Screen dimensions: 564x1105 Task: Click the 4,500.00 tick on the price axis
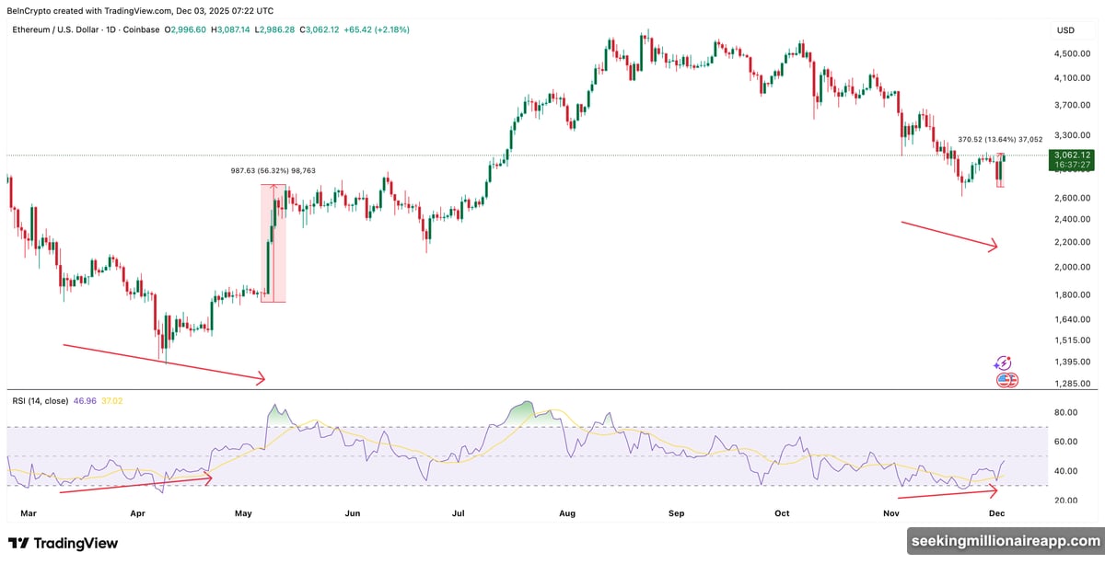pyautogui.click(x=1073, y=53)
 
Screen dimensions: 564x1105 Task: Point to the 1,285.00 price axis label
pyautogui.click(x=1073, y=384)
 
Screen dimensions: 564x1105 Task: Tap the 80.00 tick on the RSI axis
pyautogui.click(x=1066, y=413)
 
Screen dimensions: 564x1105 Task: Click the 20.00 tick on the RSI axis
pyautogui.click(x=1066, y=501)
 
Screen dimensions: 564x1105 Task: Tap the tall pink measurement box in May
pyautogui.click(x=273, y=244)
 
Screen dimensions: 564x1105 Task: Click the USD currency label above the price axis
pyautogui.click(x=1065, y=30)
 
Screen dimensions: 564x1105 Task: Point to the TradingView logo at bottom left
pyautogui.click(x=63, y=543)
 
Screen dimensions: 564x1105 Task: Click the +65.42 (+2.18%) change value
pyautogui.click(x=376, y=30)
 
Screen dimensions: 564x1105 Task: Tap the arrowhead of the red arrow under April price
pyautogui.click(x=262, y=377)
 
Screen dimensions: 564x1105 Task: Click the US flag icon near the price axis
pyautogui.click(x=1006, y=380)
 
